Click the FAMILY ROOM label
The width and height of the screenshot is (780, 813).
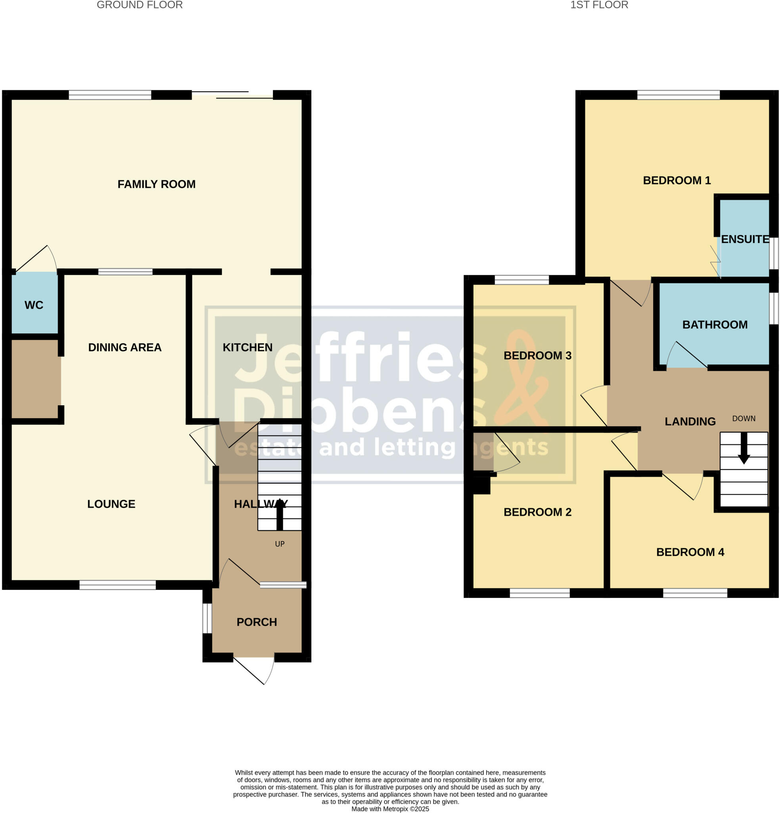pyautogui.click(x=156, y=184)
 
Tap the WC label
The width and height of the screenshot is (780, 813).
pyautogui.click(x=34, y=305)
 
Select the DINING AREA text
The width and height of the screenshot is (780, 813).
pyautogui.click(x=125, y=348)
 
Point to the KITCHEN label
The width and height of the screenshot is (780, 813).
pyautogui.click(x=247, y=348)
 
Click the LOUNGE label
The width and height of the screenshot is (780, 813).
pyautogui.click(x=111, y=504)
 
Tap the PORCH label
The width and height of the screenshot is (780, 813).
pyautogui.click(x=257, y=622)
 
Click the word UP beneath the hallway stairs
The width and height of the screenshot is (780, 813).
pyautogui.click(x=280, y=544)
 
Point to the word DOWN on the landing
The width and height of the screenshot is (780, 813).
pyautogui.click(x=744, y=418)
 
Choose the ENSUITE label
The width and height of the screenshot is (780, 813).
pyautogui.click(x=745, y=239)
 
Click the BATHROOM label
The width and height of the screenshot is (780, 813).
pyautogui.click(x=715, y=325)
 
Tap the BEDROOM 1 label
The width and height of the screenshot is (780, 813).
pyautogui.click(x=677, y=181)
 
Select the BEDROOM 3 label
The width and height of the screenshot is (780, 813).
pyautogui.click(x=537, y=355)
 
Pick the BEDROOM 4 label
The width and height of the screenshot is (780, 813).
pyautogui.click(x=690, y=552)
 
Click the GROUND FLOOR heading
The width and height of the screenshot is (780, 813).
pyautogui.click(x=140, y=5)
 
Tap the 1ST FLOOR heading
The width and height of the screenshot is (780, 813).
pyautogui.click(x=599, y=5)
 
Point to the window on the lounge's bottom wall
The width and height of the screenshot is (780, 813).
pyautogui.click(x=118, y=585)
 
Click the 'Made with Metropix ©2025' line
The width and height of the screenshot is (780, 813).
pyautogui.click(x=390, y=809)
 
